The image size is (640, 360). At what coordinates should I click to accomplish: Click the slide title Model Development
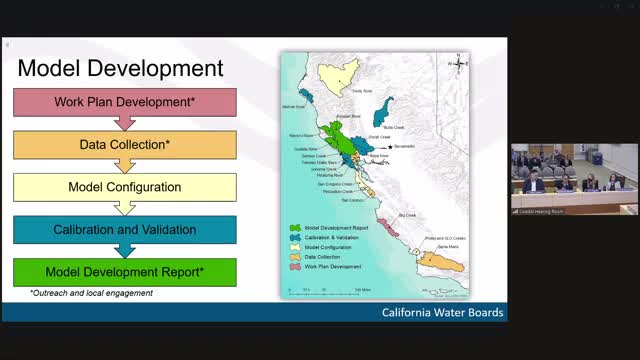pos(120,68)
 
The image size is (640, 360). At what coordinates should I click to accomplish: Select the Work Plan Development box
pos(125,102)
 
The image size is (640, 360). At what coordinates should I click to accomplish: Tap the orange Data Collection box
pos(125,144)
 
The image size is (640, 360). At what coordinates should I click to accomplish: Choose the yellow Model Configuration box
pos(125,187)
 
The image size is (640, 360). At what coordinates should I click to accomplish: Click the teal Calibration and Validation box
pos(125,230)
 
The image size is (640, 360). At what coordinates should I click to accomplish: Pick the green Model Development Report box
pos(125,272)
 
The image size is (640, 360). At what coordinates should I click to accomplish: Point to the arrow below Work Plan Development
pos(125,123)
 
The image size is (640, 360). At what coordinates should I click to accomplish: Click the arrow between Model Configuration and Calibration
pos(125,208)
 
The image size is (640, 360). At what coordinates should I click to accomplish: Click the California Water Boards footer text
pos(443,313)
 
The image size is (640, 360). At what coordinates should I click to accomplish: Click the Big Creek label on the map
pos(406,214)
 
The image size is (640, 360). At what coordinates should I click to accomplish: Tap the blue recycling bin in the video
pos(598,161)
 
